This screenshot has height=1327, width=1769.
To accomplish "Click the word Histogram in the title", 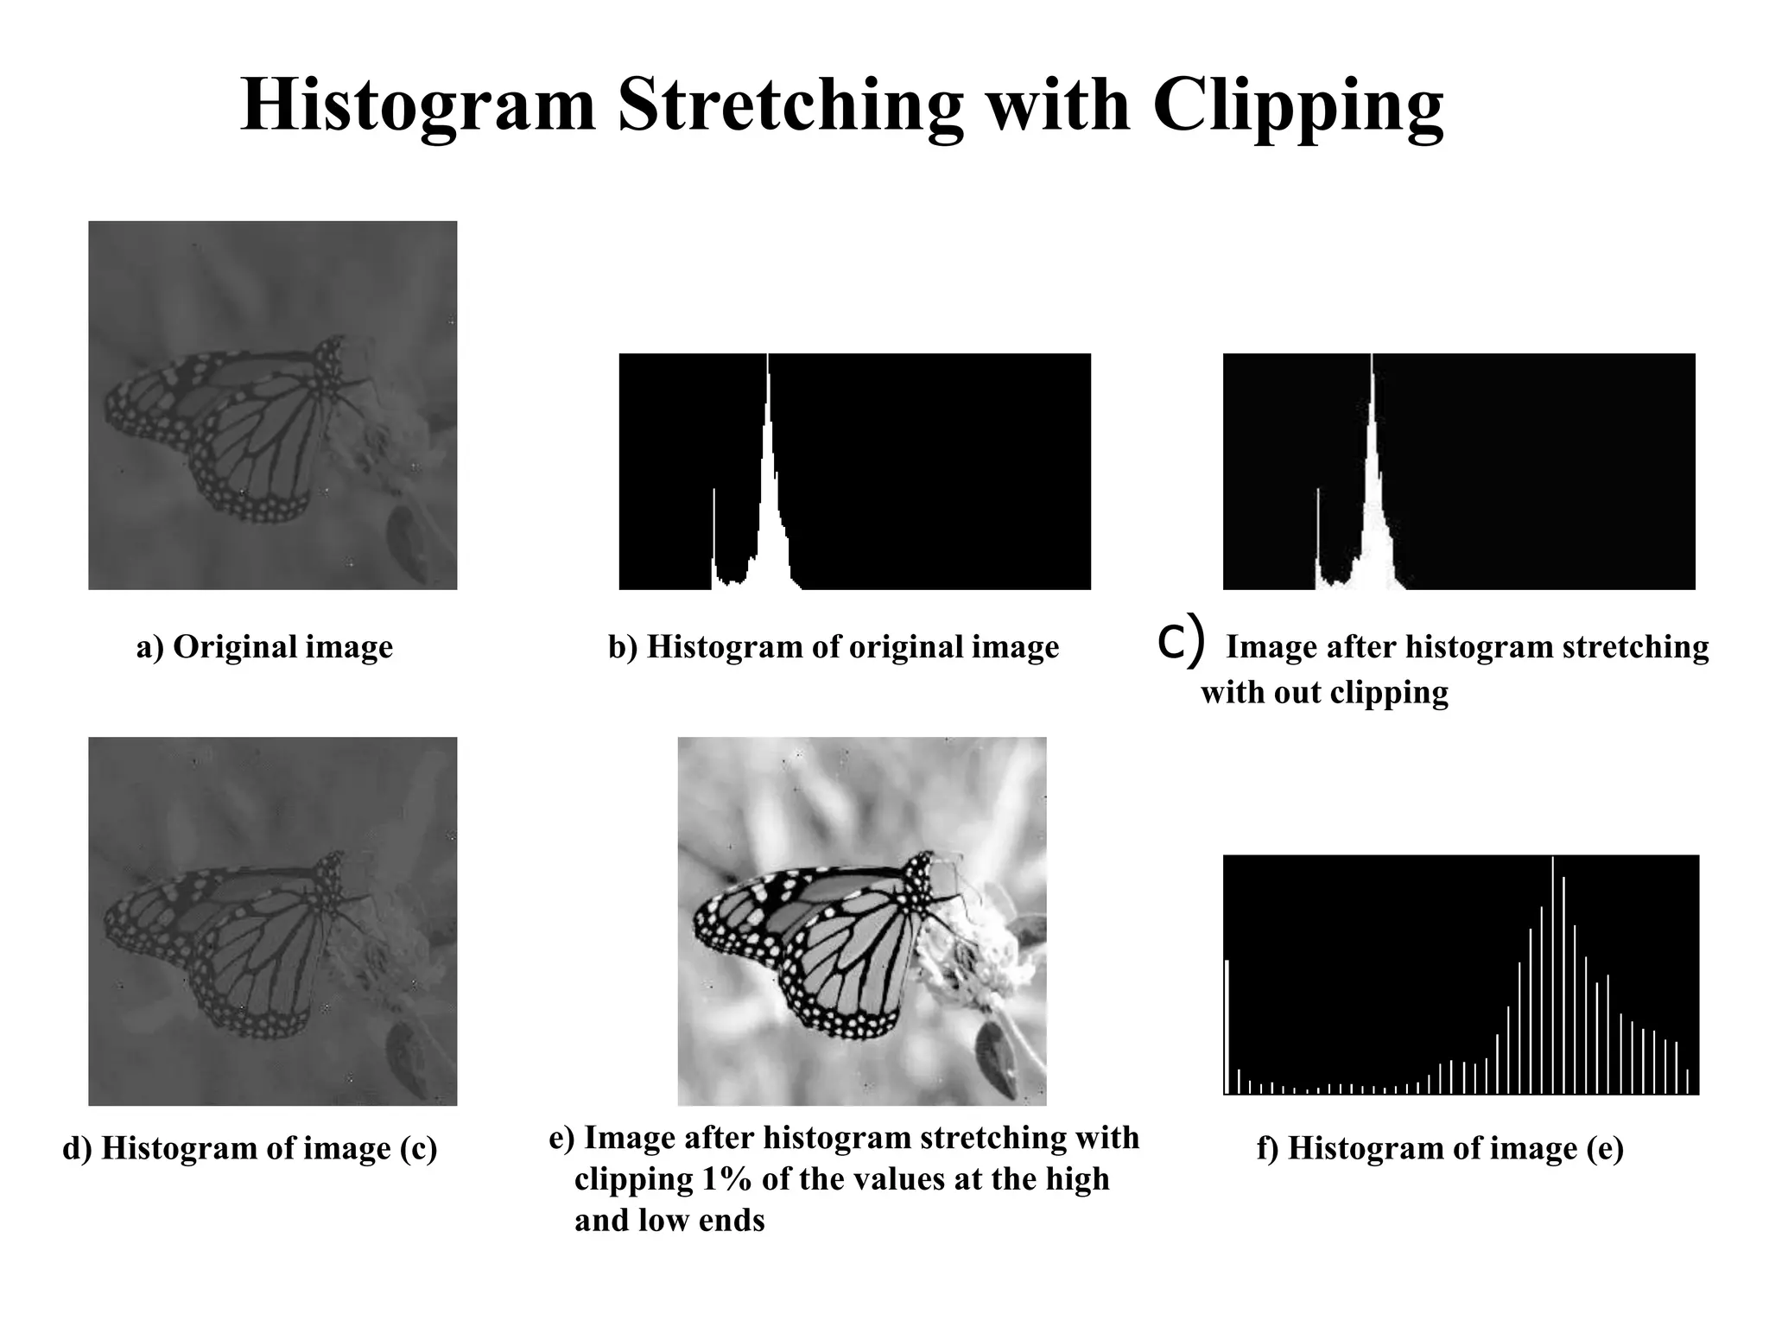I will point(419,105).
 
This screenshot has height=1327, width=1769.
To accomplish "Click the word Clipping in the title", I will point(1297,105).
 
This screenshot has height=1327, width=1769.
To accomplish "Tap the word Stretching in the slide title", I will point(790,105).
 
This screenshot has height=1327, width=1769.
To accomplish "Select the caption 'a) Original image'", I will point(264,647).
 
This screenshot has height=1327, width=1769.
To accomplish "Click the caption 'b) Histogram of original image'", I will point(834,647).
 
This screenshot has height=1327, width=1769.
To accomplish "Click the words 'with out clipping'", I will point(1324,692).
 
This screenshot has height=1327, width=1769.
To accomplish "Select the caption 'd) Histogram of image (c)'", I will point(250,1149).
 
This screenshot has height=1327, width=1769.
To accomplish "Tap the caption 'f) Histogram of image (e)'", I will point(1440,1149).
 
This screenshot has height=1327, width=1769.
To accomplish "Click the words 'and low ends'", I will point(669,1221).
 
